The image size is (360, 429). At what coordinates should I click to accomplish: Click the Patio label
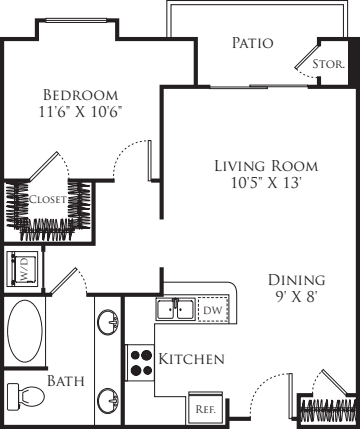[x=252, y=43]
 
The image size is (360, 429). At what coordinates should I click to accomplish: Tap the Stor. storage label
[x=328, y=64]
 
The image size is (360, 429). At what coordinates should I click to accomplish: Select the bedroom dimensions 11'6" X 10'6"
[x=80, y=112]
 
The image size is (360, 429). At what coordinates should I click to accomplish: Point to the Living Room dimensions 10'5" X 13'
[x=266, y=183]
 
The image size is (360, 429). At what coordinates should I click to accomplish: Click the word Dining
[x=297, y=280]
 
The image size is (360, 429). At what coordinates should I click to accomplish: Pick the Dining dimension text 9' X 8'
[x=296, y=296]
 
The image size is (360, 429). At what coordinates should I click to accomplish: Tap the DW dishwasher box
[x=213, y=310]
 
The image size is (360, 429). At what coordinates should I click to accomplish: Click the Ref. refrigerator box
[x=205, y=408]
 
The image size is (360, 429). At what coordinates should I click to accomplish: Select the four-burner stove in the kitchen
[x=140, y=363]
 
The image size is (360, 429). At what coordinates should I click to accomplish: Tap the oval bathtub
[x=25, y=331]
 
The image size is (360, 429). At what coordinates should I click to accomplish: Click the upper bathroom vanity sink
[x=108, y=321]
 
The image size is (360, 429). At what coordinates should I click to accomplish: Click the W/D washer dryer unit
[x=23, y=269]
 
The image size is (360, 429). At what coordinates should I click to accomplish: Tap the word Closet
[x=48, y=199]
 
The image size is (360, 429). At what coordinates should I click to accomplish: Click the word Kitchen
[x=191, y=359]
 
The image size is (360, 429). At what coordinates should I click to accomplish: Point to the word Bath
[x=66, y=381]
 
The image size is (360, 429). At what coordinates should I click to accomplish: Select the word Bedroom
[x=81, y=95]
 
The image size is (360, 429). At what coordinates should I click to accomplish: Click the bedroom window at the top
[x=76, y=21]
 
